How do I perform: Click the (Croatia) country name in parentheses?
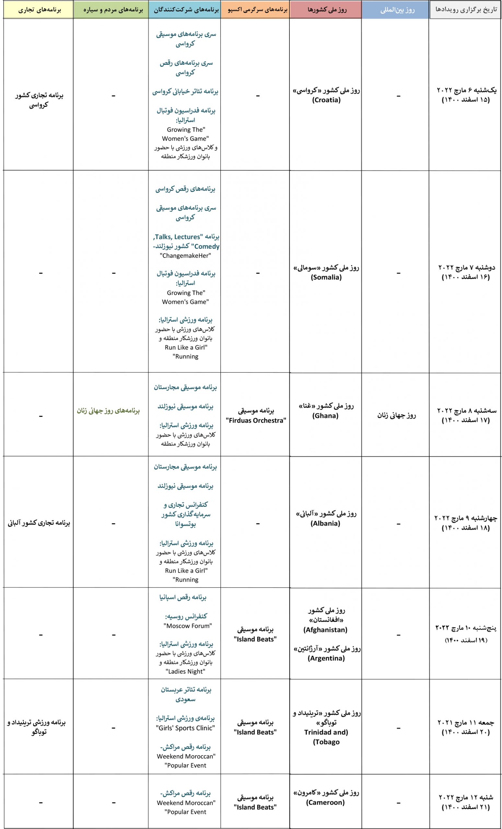point(326,100)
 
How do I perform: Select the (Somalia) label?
point(326,277)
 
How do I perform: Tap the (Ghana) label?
point(325,415)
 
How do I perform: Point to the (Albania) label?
point(325,523)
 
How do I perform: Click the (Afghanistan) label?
point(325,630)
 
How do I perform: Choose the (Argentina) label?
point(326,658)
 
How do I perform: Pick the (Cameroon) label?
point(325,802)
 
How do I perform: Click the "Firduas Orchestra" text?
point(256,421)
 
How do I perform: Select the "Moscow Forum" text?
point(188,626)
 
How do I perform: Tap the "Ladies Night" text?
point(185,671)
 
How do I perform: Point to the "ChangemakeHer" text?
point(185,256)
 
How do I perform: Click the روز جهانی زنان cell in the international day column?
point(396,415)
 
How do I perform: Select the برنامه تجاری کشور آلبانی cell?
point(39,523)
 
